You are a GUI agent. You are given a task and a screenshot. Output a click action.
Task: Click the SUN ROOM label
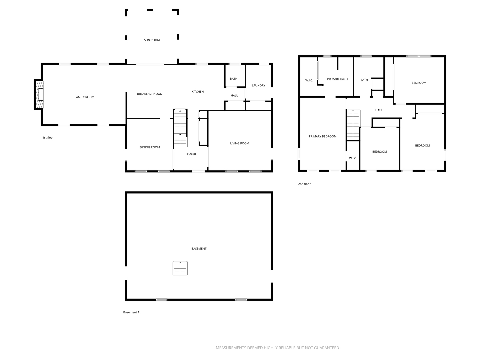(x=152, y=40)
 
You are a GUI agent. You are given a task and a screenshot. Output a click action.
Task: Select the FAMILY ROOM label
(x=84, y=97)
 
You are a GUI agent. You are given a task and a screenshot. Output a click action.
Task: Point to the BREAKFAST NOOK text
(x=149, y=94)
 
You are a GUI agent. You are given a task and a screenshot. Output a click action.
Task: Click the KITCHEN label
(x=197, y=92)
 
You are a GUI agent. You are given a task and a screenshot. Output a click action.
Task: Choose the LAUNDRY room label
(x=258, y=85)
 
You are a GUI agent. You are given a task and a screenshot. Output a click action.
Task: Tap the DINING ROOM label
(x=150, y=147)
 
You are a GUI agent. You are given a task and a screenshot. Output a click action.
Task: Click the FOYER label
(x=191, y=154)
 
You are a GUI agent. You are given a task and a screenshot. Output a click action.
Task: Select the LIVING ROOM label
(x=239, y=143)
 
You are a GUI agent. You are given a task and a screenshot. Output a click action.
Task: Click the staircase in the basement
(x=180, y=268)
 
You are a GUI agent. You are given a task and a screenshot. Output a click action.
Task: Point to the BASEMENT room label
(x=199, y=249)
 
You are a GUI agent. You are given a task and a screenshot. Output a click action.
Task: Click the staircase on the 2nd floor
(x=353, y=125)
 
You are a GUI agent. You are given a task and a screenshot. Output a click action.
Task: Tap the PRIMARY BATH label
(x=337, y=79)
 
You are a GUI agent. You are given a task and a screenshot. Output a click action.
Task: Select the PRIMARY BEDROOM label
(x=322, y=136)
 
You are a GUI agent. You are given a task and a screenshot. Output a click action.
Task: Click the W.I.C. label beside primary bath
(x=309, y=80)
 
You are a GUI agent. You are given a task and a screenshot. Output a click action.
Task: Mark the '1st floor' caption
(x=48, y=138)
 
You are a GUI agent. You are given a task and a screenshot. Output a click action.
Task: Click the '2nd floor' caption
(x=304, y=184)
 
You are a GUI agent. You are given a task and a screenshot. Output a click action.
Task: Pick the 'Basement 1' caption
(x=131, y=312)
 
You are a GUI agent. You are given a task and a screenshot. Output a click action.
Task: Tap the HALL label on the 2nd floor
(x=379, y=110)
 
